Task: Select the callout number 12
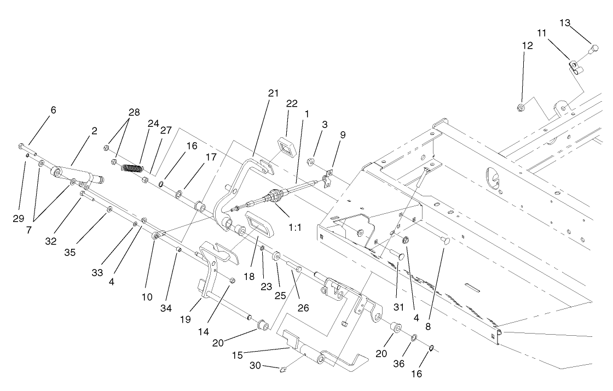point(527,45)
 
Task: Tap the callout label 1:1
point(295,226)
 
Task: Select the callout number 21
point(273,93)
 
